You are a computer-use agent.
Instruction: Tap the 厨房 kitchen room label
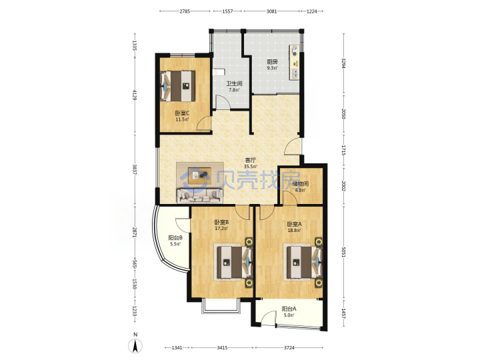(272, 61)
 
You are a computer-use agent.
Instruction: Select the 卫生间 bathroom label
(234, 83)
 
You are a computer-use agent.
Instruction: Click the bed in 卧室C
(178, 86)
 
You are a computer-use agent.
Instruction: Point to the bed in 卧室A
(304, 262)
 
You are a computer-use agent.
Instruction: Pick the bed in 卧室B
(235, 263)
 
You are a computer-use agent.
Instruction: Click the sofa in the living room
(199, 195)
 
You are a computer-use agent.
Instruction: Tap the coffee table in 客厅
(199, 175)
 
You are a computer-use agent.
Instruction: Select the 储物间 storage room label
(300, 184)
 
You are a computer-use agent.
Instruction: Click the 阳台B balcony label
(176, 237)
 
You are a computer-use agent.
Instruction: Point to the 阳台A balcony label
(289, 309)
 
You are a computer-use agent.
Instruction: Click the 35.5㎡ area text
(251, 167)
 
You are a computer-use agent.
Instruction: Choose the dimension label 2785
(185, 11)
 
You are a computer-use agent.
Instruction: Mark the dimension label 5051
(343, 252)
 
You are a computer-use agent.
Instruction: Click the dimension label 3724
(289, 347)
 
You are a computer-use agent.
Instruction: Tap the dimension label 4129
(134, 94)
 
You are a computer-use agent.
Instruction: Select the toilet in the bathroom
(219, 72)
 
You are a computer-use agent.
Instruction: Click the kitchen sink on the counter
(295, 73)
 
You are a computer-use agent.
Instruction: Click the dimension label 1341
(177, 347)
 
